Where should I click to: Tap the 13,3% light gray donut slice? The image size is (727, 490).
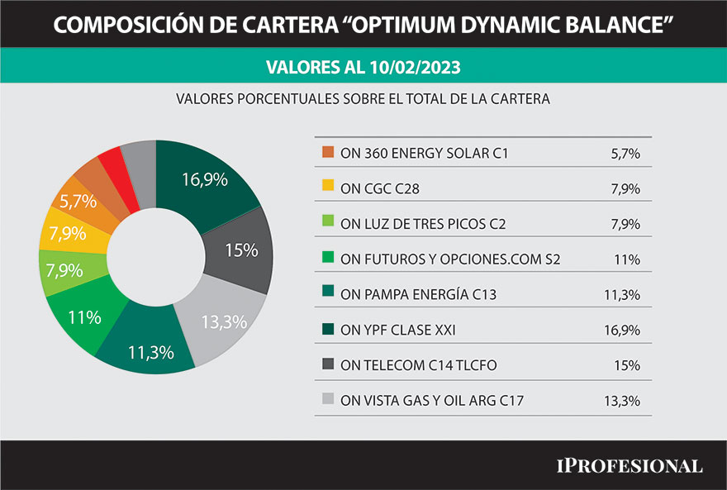pyautogui.click(x=224, y=321)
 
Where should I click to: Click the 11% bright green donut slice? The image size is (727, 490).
pyautogui.click(x=85, y=316)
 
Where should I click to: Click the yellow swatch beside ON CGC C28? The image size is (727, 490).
pyautogui.click(x=328, y=188)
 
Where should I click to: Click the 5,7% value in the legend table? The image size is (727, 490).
pyautogui.click(x=624, y=153)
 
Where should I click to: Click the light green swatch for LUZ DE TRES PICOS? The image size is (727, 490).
pyautogui.click(x=328, y=224)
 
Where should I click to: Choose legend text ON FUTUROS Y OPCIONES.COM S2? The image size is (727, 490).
pyautogui.click(x=450, y=259)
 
